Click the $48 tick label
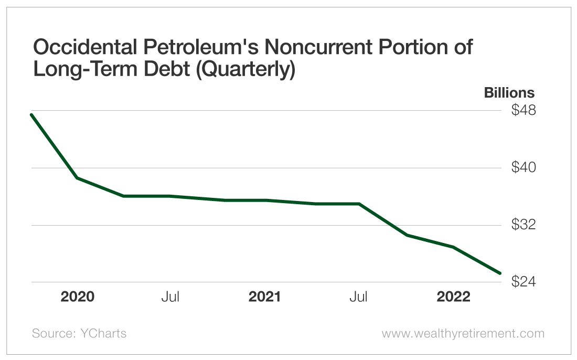tap(523, 111)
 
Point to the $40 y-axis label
tap(523, 168)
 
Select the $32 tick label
tap(523, 225)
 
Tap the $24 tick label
tap(523, 282)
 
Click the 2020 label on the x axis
tap(78, 297)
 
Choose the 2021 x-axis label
tap(265, 297)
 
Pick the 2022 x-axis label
tap(454, 297)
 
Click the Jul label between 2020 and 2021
tap(170, 297)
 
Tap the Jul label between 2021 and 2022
tap(359, 297)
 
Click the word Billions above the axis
tap(509, 93)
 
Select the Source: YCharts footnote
tap(79, 333)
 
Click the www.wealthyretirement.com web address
tap(463, 333)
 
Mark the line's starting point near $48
tap(32, 114)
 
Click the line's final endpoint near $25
tap(500, 273)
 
